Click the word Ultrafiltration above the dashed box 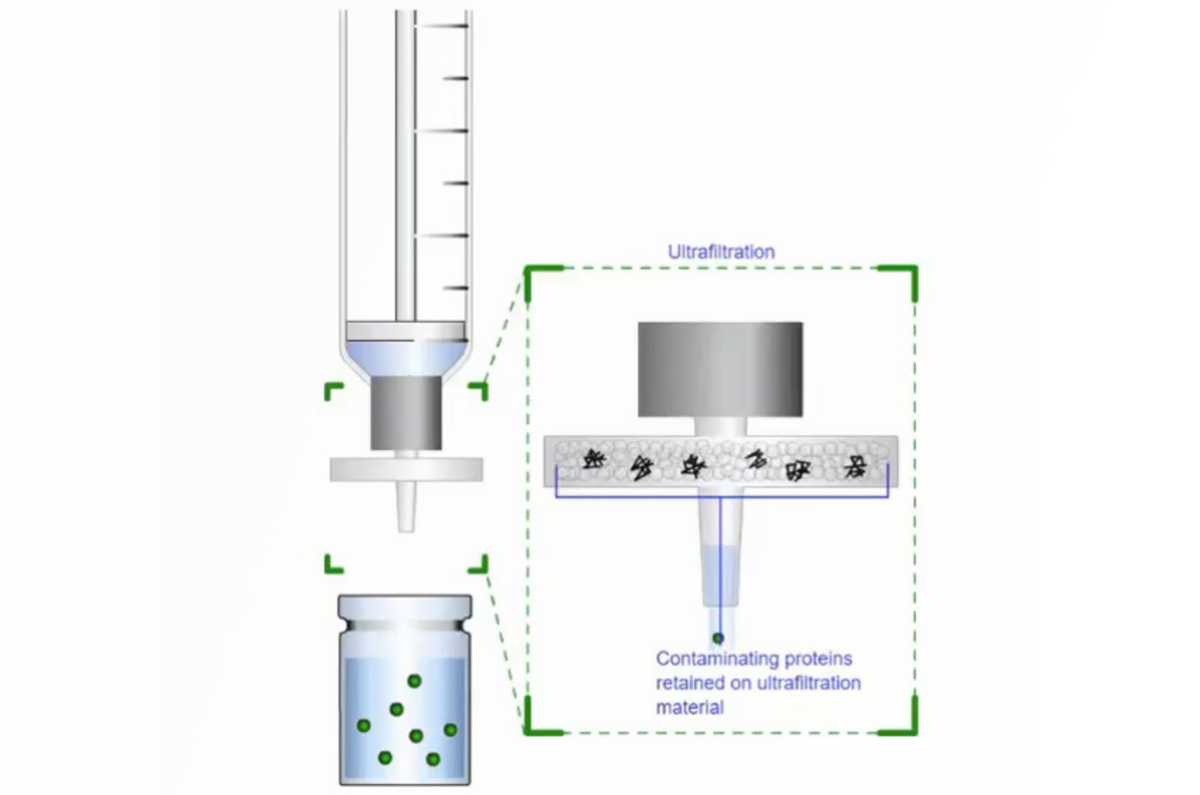coord(721,252)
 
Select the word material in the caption coord(690,708)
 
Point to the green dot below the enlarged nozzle coord(718,638)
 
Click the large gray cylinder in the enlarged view coord(720,369)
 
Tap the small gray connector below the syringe coord(406,412)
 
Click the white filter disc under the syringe coord(406,469)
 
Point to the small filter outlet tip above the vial coord(406,507)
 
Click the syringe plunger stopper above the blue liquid coord(405,331)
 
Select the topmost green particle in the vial coord(414,681)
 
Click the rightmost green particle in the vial coord(451,729)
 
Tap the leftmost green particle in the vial coord(363,726)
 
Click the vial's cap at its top coord(405,606)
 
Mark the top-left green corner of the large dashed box coord(528,268)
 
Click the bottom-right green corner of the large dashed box coord(914,732)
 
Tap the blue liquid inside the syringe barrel coord(406,358)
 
